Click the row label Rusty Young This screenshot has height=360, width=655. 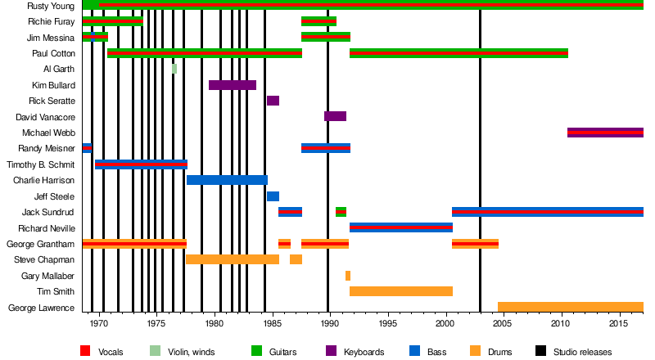tap(51, 6)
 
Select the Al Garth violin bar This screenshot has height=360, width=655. tap(174, 69)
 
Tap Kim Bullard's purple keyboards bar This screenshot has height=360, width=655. tap(233, 85)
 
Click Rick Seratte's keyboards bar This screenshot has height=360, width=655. tap(273, 101)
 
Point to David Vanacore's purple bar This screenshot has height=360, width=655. tap(335, 116)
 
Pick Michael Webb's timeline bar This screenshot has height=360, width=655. tap(605, 133)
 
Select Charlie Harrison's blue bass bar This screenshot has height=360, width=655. tap(227, 180)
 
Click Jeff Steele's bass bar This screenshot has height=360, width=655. tap(273, 196)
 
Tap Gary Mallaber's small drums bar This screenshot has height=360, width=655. tap(348, 276)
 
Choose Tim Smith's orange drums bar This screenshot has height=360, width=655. tap(401, 291)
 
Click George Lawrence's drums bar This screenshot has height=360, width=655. tap(570, 308)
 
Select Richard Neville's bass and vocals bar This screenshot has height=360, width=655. tap(401, 227)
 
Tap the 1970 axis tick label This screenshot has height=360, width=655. tap(99, 323)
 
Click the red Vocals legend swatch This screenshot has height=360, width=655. tap(84, 352)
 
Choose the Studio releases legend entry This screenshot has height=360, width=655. tap(582, 352)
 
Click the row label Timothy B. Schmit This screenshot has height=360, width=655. tap(41, 164)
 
